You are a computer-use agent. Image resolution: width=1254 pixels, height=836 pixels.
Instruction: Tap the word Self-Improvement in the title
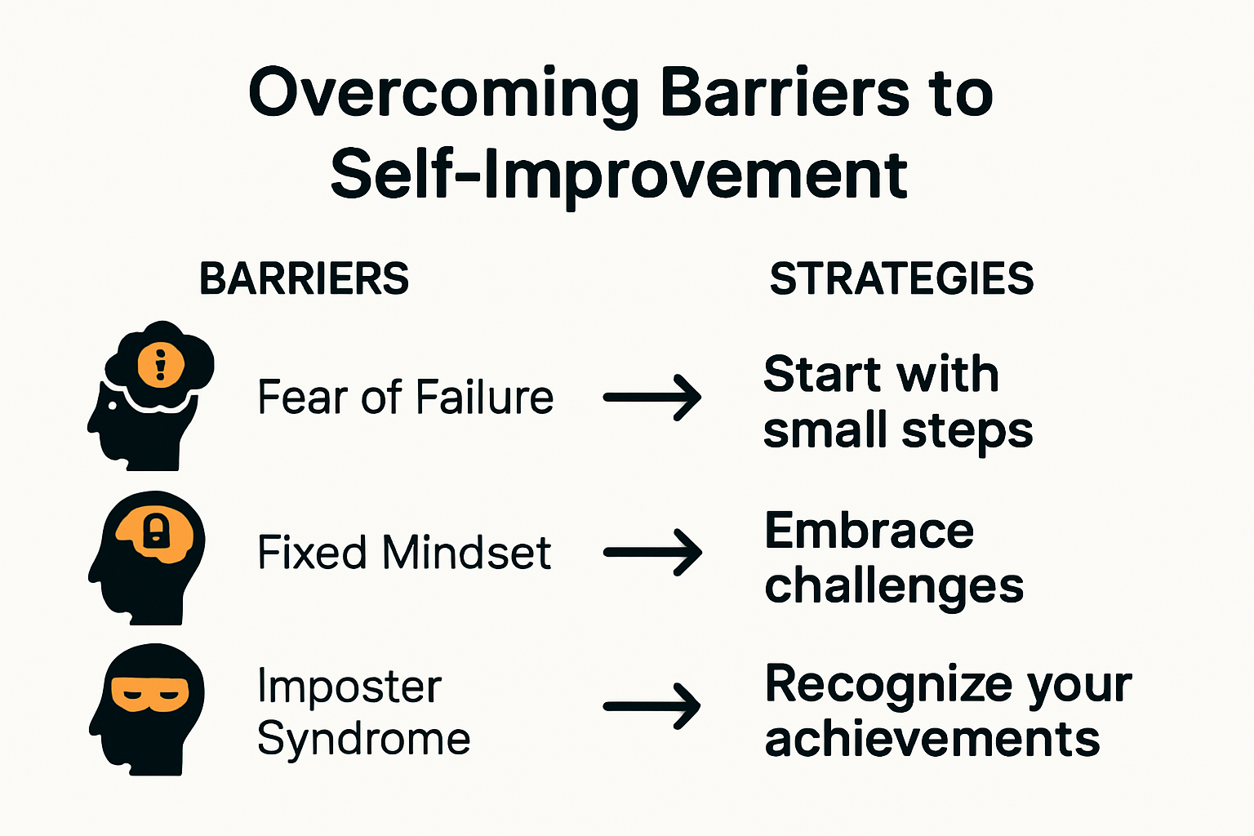click(619, 175)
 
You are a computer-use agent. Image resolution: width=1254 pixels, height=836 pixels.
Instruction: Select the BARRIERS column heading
click(304, 279)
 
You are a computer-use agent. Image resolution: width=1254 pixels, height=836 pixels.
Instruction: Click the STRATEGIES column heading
click(901, 279)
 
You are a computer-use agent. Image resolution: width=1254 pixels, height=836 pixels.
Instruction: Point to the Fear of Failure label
click(405, 398)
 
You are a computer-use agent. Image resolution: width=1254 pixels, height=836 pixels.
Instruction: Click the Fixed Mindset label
click(404, 553)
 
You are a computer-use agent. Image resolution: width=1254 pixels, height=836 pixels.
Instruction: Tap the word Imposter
click(349, 686)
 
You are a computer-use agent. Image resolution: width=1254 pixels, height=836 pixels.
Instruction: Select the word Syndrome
click(363, 739)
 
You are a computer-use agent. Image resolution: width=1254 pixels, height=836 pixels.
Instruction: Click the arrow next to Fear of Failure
click(652, 398)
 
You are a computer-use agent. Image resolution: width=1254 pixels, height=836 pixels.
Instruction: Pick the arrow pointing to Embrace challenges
click(652, 553)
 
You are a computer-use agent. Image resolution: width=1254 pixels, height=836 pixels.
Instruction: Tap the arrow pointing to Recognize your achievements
click(652, 706)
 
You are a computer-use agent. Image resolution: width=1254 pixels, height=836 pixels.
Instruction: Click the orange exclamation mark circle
click(161, 364)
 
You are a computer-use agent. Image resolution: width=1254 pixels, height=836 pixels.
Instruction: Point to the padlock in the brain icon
click(155, 531)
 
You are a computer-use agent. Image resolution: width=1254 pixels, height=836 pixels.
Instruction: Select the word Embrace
click(869, 531)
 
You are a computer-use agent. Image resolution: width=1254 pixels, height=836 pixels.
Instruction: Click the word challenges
click(894, 586)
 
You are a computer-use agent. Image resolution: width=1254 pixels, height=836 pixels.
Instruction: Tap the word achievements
click(932, 740)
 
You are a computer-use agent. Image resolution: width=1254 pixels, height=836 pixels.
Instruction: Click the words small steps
click(898, 431)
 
